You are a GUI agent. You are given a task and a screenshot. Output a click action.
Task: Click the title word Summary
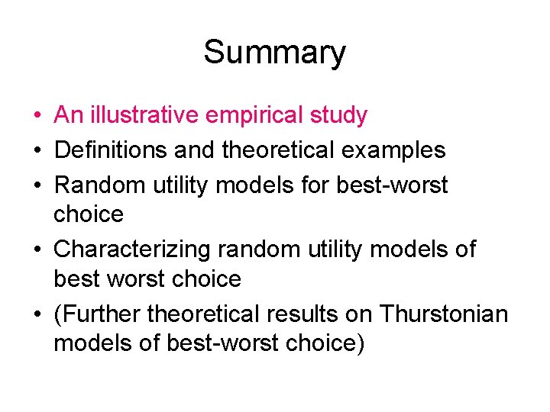(x=274, y=53)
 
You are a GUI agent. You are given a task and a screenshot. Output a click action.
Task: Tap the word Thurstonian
(x=443, y=314)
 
